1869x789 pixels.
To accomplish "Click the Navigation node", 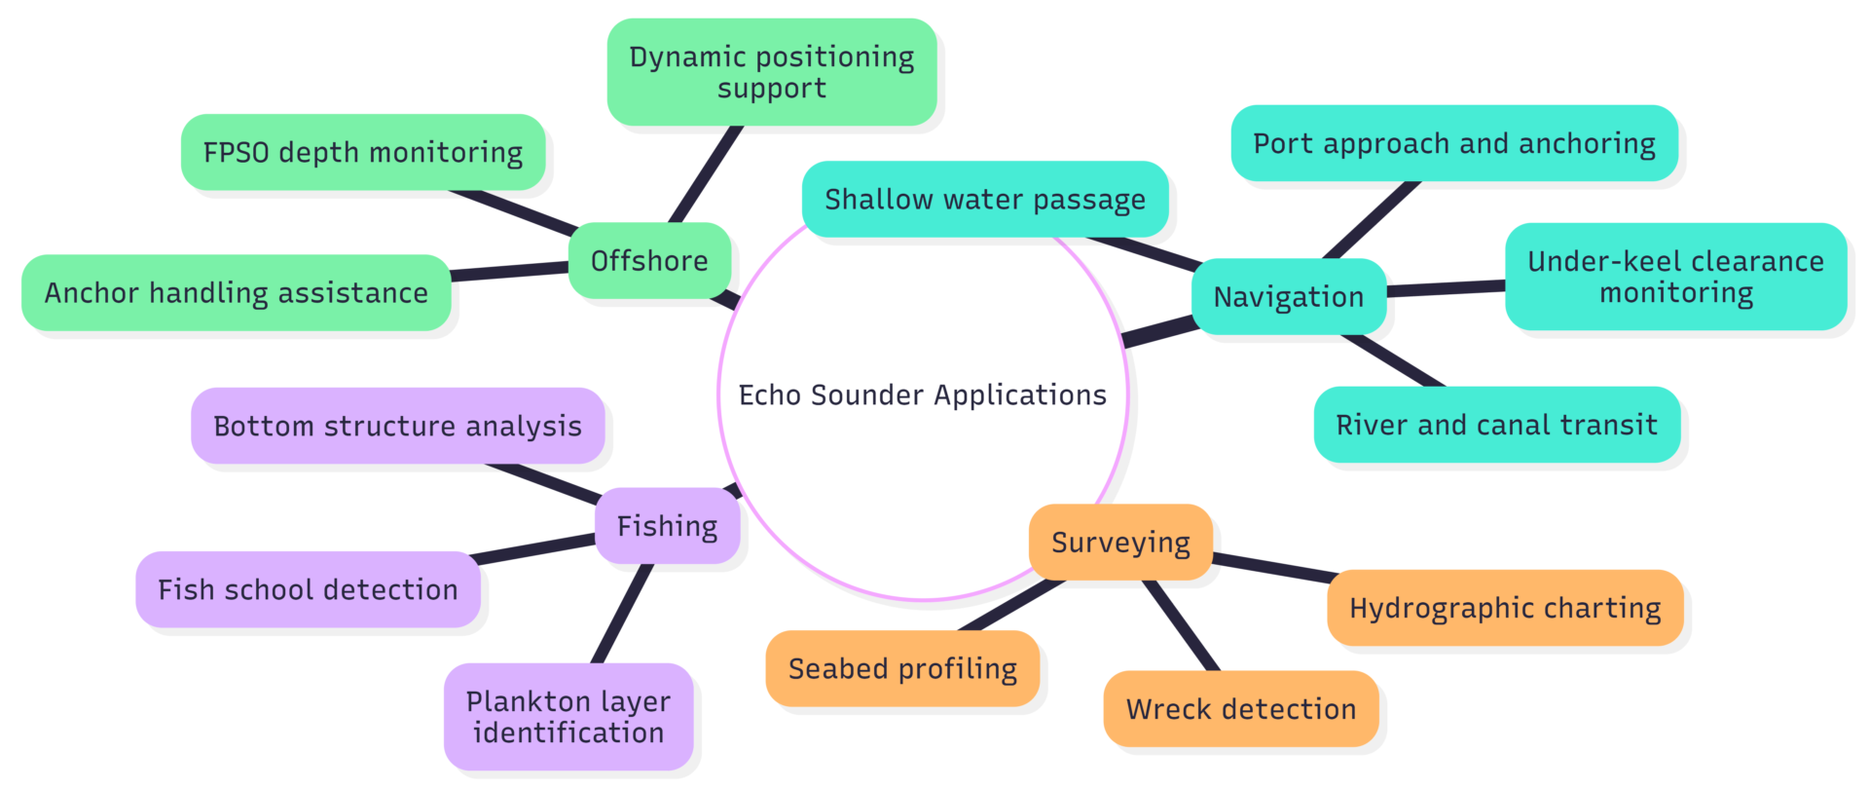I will tap(1289, 297).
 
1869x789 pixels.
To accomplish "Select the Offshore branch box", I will tap(649, 261).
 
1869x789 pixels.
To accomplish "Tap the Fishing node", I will tap(667, 526).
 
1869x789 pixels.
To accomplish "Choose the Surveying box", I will tap(1120, 543).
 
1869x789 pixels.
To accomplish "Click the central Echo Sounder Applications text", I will tap(922, 394).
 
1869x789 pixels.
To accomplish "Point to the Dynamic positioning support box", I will tap(772, 72).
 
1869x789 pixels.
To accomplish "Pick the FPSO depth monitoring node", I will tap(363, 153).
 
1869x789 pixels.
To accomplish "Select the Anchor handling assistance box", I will tap(237, 292).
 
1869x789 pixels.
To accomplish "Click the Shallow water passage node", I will tap(985, 200).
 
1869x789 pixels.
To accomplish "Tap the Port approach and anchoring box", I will tap(1454, 143).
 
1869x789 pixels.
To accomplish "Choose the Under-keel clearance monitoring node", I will tap(1675, 277).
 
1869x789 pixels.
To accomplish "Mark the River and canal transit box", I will tap(1496, 425).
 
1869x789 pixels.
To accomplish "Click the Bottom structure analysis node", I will tap(397, 426).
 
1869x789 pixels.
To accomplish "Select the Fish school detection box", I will tap(308, 589).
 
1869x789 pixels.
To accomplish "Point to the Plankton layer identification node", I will tap(568, 717).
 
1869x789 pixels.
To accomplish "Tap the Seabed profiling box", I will tap(902, 668).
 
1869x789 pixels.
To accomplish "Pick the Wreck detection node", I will tap(1241, 709).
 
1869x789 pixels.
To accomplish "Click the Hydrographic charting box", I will tap(1505, 608).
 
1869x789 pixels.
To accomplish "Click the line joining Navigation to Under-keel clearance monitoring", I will tap(1446, 287).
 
